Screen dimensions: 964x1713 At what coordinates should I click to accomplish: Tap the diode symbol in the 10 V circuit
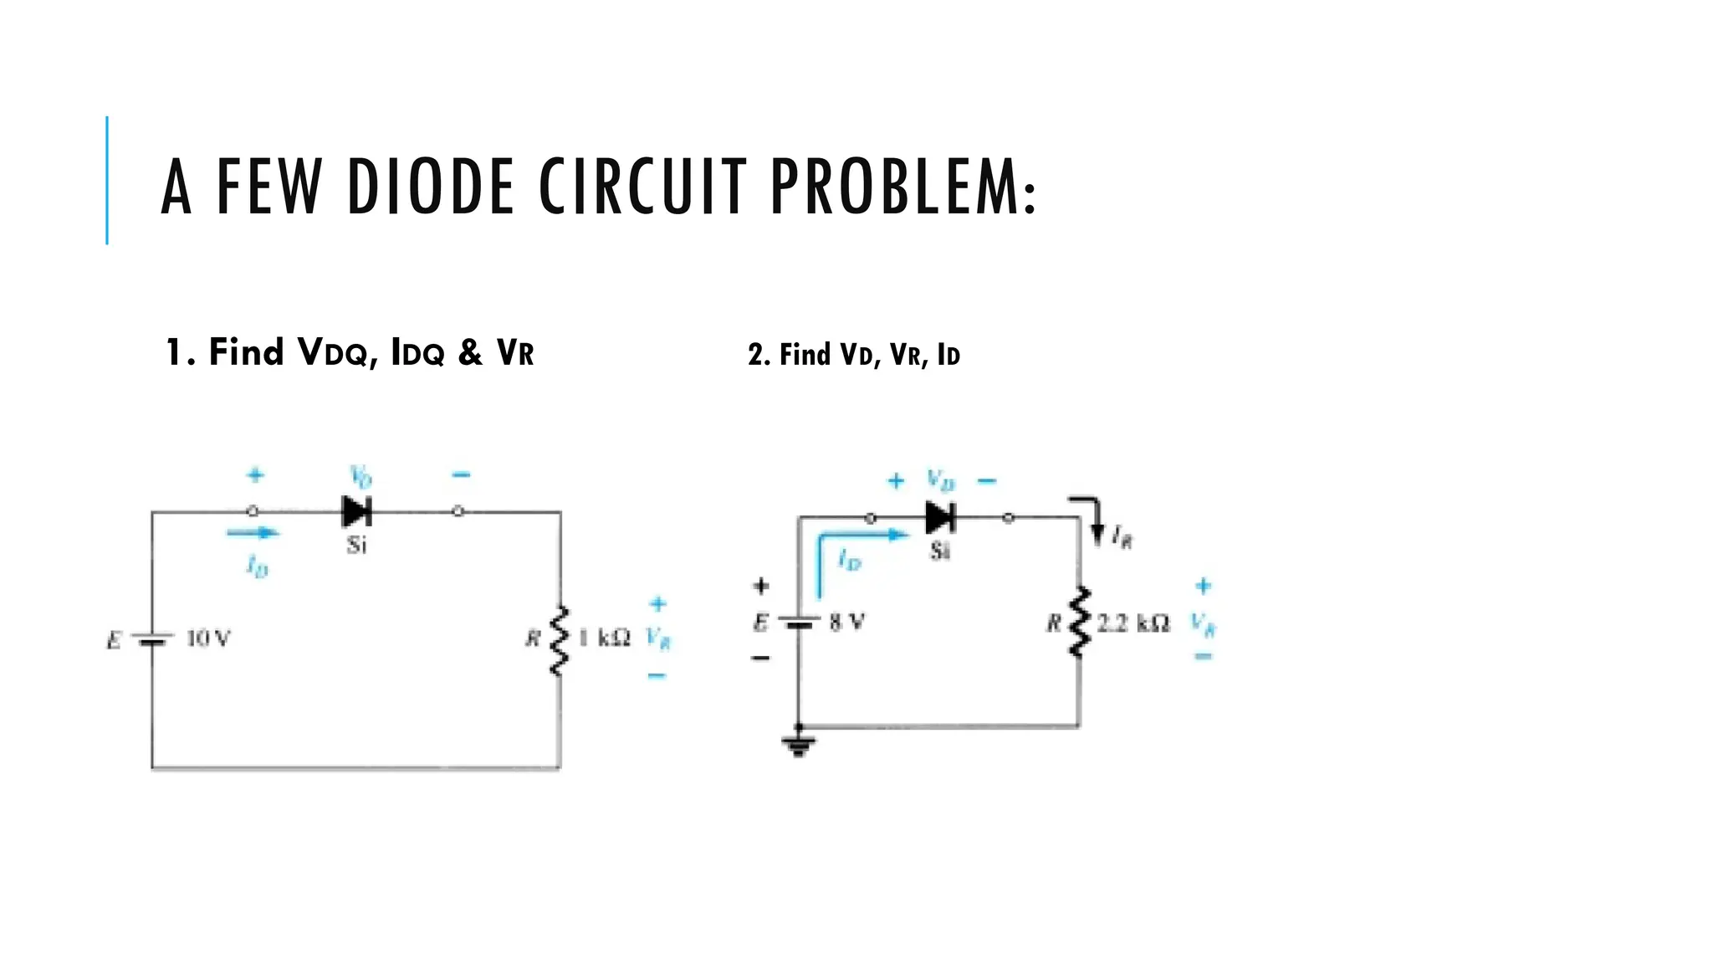(357, 511)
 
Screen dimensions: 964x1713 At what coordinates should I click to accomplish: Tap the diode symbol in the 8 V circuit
(940, 518)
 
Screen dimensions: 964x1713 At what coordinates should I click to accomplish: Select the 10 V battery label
(207, 639)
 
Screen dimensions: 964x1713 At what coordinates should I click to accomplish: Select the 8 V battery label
(846, 623)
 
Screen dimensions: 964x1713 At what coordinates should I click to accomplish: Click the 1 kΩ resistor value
(604, 638)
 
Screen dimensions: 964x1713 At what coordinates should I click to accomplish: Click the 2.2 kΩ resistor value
(1133, 623)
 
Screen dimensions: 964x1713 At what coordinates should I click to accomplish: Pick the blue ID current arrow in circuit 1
(253, 532)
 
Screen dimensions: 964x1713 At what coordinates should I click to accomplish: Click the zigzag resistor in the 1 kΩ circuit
(559, 640)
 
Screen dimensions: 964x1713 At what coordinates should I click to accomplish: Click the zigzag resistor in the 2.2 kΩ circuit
(1080, 623)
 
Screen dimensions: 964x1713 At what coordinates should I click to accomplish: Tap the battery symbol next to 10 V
(152, 640)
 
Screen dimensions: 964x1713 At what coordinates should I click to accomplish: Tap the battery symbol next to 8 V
(799, 623)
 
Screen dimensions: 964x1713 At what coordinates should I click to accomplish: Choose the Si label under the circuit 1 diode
(356, 546)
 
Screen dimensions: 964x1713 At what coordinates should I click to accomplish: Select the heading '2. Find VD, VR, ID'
(853, 355)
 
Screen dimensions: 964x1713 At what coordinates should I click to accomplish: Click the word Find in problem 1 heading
(246, 352)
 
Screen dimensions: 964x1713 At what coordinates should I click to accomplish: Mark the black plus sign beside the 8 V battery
(760, 586)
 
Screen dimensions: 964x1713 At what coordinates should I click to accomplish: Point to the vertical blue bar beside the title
(107, 180)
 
